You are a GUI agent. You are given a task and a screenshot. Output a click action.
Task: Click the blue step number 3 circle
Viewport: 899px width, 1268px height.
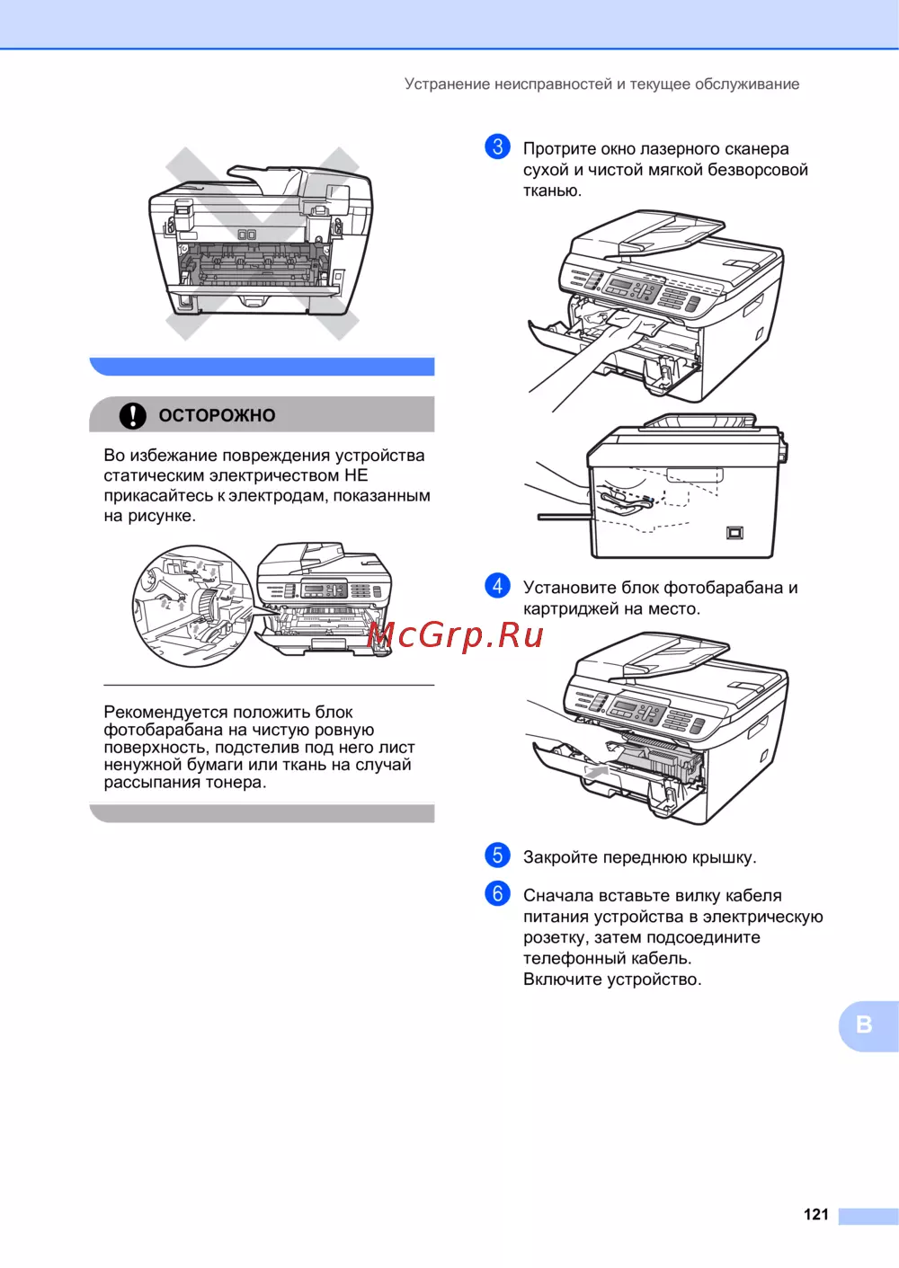point(498,146)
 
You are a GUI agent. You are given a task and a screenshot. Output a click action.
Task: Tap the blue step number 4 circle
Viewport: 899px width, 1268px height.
point(498,585)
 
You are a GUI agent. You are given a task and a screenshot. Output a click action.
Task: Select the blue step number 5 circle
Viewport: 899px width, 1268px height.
point(498,855)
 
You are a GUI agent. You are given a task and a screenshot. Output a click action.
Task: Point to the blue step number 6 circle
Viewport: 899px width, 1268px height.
point(498,893)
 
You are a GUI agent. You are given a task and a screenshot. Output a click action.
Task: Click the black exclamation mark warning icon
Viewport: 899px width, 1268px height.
point(132,415)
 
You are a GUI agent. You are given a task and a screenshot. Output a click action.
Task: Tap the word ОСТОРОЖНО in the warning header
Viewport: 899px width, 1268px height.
point(217,415)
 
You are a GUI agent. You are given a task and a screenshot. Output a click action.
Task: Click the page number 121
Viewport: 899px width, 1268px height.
point(815,1214)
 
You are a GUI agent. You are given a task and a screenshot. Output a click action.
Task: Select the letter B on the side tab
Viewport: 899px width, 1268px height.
point(864,1024)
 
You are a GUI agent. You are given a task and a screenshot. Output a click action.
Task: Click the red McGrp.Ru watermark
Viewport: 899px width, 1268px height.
point(455,634)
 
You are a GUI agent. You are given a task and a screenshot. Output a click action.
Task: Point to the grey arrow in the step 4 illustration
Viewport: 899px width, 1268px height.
point(596,770)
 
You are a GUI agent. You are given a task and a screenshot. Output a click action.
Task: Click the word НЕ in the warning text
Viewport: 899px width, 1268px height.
point(356,474)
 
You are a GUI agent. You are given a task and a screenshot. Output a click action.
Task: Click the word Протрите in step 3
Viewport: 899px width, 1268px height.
point(560,149)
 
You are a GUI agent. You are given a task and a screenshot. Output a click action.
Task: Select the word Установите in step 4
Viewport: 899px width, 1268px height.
point(570,588)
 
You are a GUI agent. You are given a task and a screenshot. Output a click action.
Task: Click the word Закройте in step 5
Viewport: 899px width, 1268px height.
point(560,857)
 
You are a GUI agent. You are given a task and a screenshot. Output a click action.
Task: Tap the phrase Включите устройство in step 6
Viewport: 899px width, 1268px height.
point(612,979)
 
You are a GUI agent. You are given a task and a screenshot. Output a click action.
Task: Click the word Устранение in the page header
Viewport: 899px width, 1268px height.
point(447,84)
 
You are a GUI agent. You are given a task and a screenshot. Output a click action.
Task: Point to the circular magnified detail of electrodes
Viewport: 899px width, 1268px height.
point(192,606)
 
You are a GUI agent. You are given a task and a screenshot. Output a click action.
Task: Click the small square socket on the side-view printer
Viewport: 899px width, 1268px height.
point(734,533)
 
